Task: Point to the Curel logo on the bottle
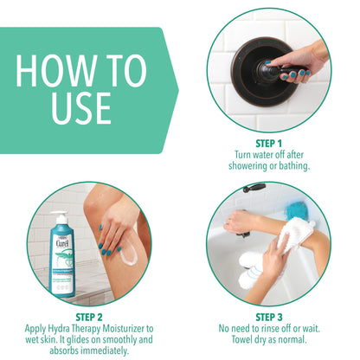click(61, 246)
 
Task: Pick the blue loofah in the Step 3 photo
click(298, 211)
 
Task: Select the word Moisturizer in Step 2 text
click(127, 328)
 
